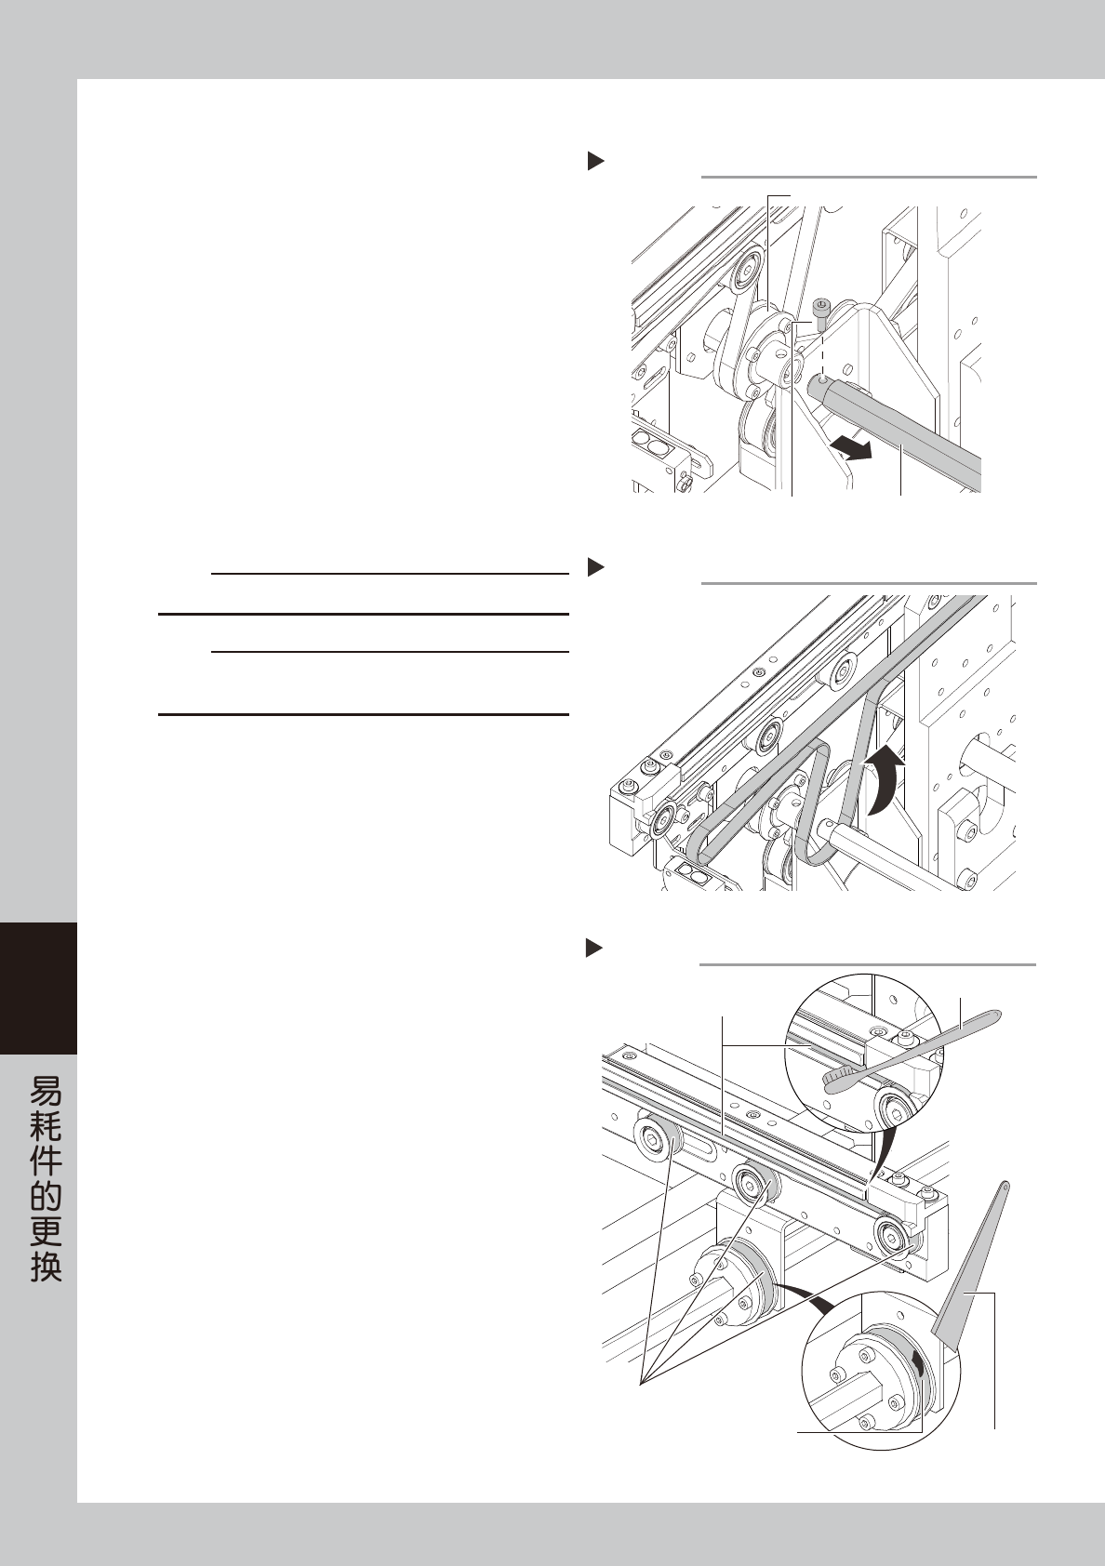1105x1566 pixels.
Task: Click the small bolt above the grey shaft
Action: (821, 308)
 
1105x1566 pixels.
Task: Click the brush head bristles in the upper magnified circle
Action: (839, 1079)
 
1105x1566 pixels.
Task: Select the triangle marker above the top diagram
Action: (595, 161)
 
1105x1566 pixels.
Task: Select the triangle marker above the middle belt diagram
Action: (595, 566)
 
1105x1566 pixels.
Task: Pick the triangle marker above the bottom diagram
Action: (595, 948)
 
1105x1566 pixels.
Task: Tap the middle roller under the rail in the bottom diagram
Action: (751, 1183)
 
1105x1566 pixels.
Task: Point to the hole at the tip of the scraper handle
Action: (1005, 1187)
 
